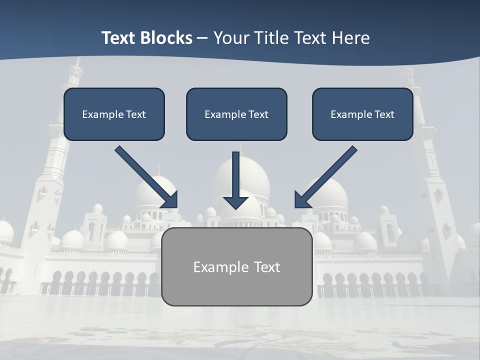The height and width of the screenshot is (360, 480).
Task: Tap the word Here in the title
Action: point(351,38)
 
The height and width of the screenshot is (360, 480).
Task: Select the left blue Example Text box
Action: point(114,125)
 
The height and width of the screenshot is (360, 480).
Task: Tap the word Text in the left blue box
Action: point(136,114)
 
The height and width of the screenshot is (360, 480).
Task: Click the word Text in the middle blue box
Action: point(258,114)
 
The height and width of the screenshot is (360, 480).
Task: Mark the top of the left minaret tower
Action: point(76,62)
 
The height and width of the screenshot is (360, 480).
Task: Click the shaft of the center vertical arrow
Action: point(236,172)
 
